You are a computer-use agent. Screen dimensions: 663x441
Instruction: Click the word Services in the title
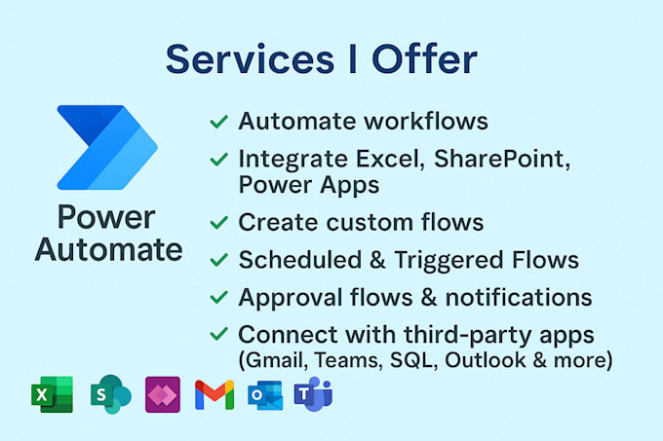250,59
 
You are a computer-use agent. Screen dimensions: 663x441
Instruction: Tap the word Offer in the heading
424,59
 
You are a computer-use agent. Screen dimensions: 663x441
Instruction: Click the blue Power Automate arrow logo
107,147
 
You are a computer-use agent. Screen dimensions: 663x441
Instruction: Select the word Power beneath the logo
106,218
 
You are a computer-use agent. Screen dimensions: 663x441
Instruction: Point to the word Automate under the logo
108,249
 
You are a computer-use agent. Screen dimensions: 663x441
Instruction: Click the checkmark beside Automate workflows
219,122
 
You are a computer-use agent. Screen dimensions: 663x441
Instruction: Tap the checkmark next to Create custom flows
219,222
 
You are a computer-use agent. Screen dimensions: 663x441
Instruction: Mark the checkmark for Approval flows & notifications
219,297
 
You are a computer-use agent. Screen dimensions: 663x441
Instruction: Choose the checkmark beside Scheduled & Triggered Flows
219,260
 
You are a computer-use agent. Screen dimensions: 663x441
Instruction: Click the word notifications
519,297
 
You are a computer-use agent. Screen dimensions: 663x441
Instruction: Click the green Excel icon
52,394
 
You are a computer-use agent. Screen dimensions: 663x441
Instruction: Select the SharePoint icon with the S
111,394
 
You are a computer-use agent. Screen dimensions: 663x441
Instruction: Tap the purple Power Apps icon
163,394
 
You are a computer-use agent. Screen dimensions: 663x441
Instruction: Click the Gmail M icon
214,395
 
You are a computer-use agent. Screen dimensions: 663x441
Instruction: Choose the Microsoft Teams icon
313,394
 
